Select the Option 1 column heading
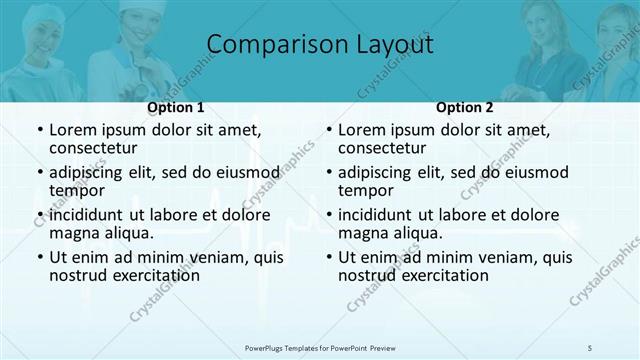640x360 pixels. pyautogui.click(x=176, y=107)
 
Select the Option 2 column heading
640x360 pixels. pyautogui.click(x=465, y=107)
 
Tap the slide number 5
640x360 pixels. pyautogui.click(x=592, y=346)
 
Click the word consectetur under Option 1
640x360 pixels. pyautogui.click(x=93, y=149)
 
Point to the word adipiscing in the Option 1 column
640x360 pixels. pyautogui.click(x=90, y=172)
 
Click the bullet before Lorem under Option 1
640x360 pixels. pyautogui.click(x=39, y=130)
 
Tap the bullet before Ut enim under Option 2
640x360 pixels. pyautogui.click(x=328, y=256)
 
